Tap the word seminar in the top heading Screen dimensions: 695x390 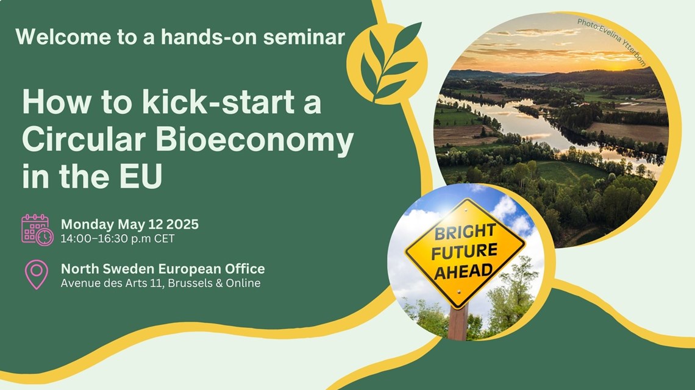pyautogui.click(x=304, y=37)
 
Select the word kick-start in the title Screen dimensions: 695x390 pyautogui.click(x=218, y=102)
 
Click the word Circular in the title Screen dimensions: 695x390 pyautogui.click(x=84, y=139)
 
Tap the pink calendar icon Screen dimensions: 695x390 pyautogui.click(x=37, y=230)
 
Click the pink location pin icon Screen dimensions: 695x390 pyautogui.click(x=37, y=275)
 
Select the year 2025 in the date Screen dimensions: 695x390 pyautogui.click(x=183, y=224)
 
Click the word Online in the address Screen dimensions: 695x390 pyautogui.click(x=243, y=283)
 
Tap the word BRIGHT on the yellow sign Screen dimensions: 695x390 pyautogui.click(x=465, y=232)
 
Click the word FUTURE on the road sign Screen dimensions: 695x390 pyautogui.click(x=464, y=252)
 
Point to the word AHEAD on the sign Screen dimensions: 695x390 pyautogui.click(x=463, y=271)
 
